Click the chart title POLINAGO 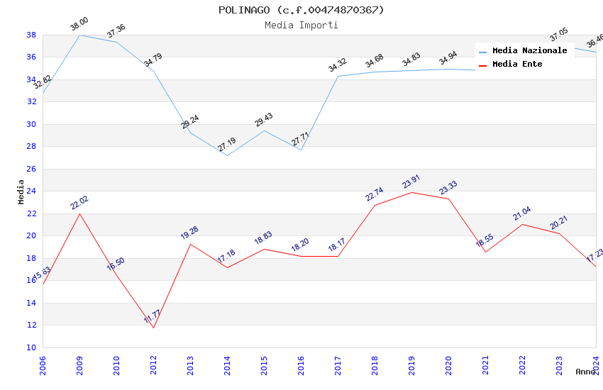coord(301,10)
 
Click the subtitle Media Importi coord(301,26)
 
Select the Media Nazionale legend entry coord(529,51)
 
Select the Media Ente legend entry coord(517,65)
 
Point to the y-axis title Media coord(21,191)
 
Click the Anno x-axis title coord(585,372)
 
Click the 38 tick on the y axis coord(31,35)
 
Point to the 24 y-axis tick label coord(31,191)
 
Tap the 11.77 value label coord(153,316)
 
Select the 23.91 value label coord(411,182)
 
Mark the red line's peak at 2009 coord(79,213)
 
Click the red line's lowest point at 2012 coord(153,328)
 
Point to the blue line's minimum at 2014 coord(227,155)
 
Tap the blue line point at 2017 coord(338,76)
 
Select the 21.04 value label coord(522,214)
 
